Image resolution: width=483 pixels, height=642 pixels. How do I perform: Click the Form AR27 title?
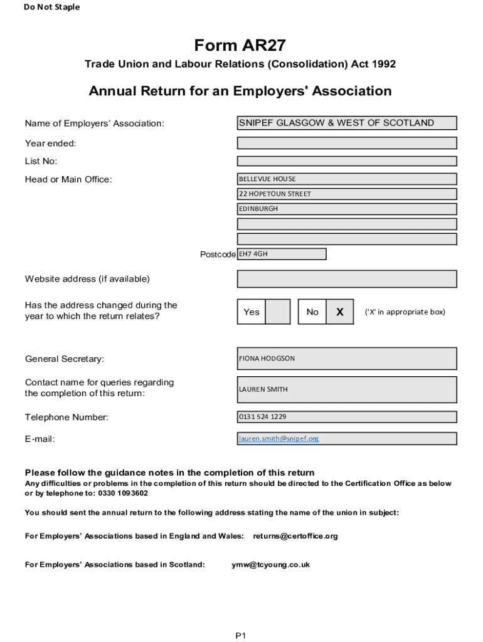point(240,45)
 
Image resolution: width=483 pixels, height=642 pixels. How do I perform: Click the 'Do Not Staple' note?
point(51,8)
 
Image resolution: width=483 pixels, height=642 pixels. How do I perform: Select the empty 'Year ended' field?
point(346,143)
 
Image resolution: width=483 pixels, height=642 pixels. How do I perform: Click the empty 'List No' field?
point(346,161)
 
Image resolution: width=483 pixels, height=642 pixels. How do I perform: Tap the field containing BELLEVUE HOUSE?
point(346,179)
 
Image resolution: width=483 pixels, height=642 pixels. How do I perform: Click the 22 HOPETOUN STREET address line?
point(346,194)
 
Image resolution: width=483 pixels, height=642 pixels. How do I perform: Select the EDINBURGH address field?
point(346,209)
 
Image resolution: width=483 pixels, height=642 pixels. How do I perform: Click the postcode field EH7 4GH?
point(282,254)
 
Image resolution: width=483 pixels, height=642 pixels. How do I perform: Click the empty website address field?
point(346,278)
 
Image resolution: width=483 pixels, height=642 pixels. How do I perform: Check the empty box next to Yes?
point(277,312)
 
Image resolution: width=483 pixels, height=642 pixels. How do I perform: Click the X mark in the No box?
point(339,312)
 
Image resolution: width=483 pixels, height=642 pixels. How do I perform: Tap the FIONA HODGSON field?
point(346,359)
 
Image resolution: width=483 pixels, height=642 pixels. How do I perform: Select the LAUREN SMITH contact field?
point(346,389)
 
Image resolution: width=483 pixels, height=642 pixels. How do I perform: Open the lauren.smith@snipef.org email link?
point(279,439)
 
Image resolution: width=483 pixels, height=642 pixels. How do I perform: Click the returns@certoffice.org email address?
point(295,536)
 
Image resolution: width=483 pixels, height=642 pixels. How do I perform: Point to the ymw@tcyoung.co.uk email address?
point(270,564)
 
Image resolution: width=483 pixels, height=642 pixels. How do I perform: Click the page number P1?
point(241,636)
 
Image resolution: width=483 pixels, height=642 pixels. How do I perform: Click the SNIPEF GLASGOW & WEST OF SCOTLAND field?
point(346,123)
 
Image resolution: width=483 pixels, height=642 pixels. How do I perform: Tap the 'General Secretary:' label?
point(65,359)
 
